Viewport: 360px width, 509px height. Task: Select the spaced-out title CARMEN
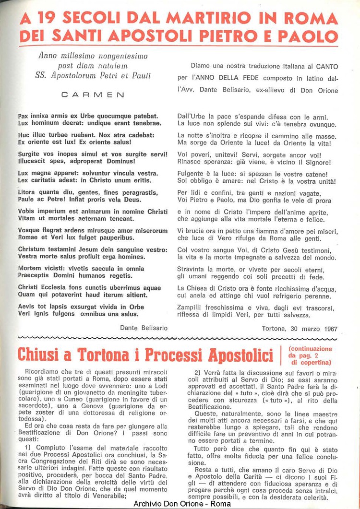coord(93,95)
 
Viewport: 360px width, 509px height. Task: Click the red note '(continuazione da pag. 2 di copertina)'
coord(310,355)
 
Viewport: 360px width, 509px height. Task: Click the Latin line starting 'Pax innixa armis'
coord(88,116)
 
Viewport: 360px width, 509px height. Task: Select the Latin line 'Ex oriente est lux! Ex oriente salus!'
coord(74,142)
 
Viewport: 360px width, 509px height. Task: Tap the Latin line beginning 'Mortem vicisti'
coord(81,269)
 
